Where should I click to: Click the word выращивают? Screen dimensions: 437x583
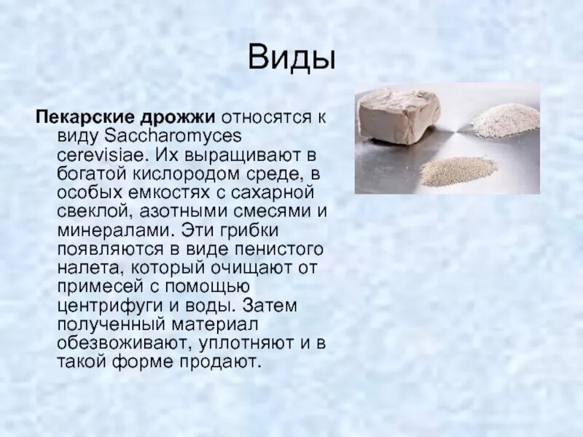click(241, 154)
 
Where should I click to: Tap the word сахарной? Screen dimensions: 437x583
click(280, 192)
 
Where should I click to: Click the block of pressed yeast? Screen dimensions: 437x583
click(398, 116)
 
